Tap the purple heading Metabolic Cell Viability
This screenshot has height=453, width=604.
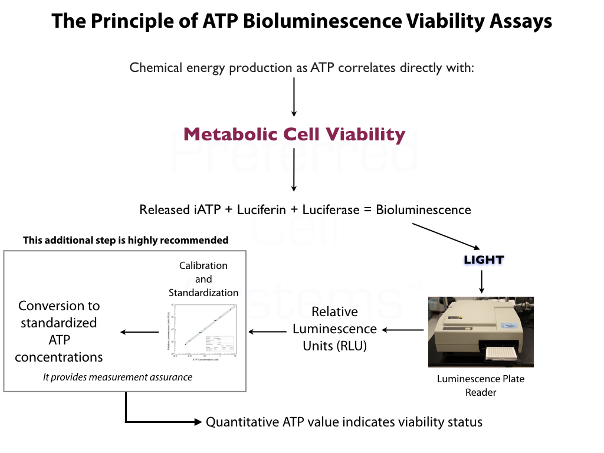click(294, 134)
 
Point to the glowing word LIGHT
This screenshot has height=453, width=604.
click(484, 260)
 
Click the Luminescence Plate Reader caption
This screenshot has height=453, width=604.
click(481, 385)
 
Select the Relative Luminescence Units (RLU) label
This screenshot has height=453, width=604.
click(334, 329)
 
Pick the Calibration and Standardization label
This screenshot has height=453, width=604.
click(203, 279)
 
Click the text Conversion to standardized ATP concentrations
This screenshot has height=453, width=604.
click(59, 331)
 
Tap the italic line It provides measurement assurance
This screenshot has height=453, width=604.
click(117, 377)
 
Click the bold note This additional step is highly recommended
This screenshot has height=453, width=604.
click(125, 240)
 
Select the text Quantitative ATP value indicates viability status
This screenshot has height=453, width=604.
click(344, 422)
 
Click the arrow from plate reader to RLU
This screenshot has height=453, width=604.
click(402, 331)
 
